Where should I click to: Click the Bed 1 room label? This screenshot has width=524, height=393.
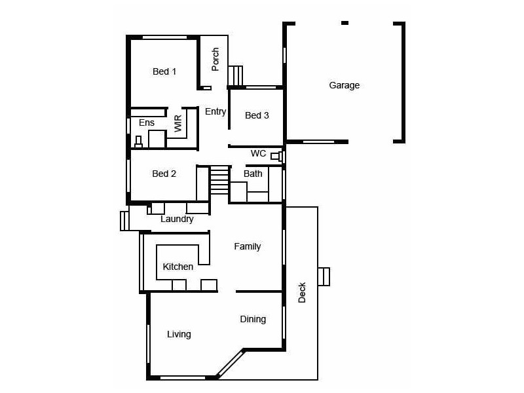coord(164,71)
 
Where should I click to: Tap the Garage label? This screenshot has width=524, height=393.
coord(344,85)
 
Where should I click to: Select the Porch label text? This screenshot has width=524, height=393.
coord(215,60)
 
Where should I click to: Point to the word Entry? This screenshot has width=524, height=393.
coord(215,111)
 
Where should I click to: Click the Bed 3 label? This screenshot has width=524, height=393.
coord(257,115)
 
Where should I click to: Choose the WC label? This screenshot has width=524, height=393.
coord(258,154)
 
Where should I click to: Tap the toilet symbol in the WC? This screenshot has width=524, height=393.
coord(276,157)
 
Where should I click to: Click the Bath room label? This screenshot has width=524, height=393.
coord(253,174)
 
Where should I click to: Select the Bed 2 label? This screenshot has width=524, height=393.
coord(164,174)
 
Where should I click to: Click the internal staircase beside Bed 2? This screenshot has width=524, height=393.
coord(219,180)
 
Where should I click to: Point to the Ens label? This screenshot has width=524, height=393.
coord(147,122)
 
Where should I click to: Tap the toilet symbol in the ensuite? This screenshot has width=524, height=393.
coord(138,141)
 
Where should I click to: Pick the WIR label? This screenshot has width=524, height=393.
coord(178,124)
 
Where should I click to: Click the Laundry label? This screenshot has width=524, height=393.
coord(177,219)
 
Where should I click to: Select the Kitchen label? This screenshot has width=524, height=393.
coord(178,267)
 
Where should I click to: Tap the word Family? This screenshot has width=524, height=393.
coord(248,246)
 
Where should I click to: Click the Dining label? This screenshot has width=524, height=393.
coord(253,319)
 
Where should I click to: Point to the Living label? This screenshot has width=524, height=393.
coord(179,334)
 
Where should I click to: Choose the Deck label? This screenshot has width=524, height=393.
coord(302,292)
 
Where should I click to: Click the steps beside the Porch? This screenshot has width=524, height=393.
coord(235,75)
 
